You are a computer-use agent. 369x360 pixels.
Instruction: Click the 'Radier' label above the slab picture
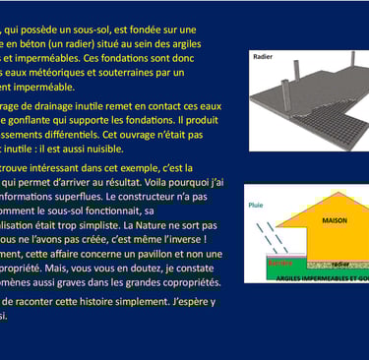(263, 57)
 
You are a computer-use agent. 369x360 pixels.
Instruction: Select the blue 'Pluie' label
(257, 206)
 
